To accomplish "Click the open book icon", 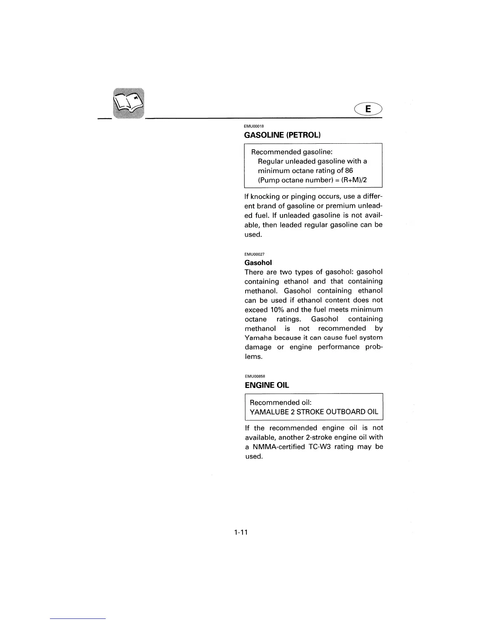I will pyautogui.click(x=129, y=103).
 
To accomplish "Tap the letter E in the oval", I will pyautogui.click(x=368, y=109).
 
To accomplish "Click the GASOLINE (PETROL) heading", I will pyautogui.click(x=283, y=135).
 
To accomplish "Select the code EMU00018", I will pyautogui.click(x=254, y=126).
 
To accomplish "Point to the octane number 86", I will pyautogui.click(x=349, y=171).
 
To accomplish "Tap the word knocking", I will pyautogui.click(x=264, y=196).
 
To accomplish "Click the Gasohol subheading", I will pyautogui.click(x=258, y=263).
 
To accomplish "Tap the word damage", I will pyautogui.click(x=258, y=347).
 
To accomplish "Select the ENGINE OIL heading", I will pyautogui.click(x=267, y=385).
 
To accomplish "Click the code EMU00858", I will pyautogui.click(x=254, y=376).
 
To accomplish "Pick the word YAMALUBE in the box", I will pyautogui.click(x=269, y=412).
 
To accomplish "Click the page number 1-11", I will pyautogui.click(x=240, y=532).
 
